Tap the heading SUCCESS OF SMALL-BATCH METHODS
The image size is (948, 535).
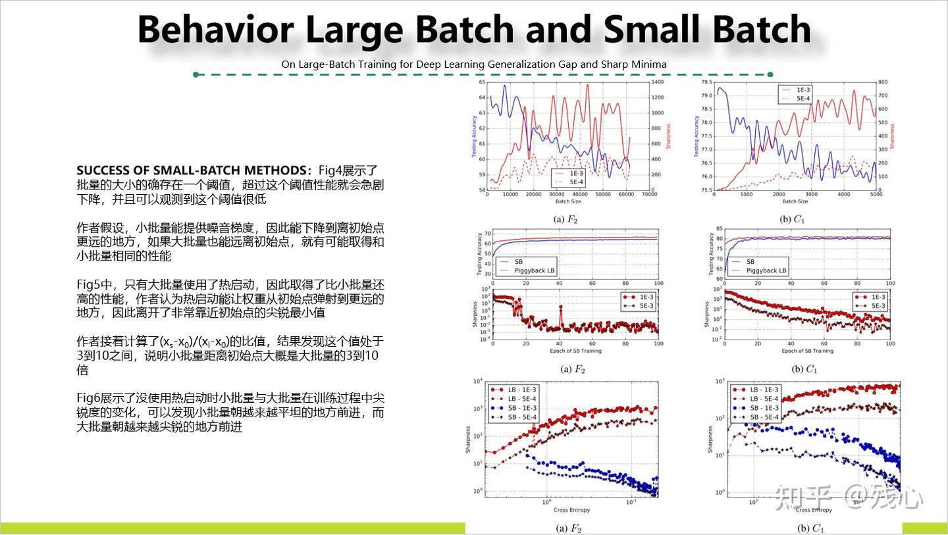[194, 170]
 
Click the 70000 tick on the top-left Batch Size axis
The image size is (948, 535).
[649, 195]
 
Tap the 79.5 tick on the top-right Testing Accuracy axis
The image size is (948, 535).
[706, 82]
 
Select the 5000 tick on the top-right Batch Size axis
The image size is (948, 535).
[876, 195]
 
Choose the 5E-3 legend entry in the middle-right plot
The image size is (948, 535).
[878, 306]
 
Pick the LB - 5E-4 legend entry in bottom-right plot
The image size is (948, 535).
[764, 399]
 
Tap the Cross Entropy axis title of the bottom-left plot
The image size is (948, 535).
[571, 510]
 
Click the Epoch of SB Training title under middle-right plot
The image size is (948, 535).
[807, 351]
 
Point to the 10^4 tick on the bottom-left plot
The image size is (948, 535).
[479, 382]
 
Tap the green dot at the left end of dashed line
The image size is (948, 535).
[196, 74]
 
